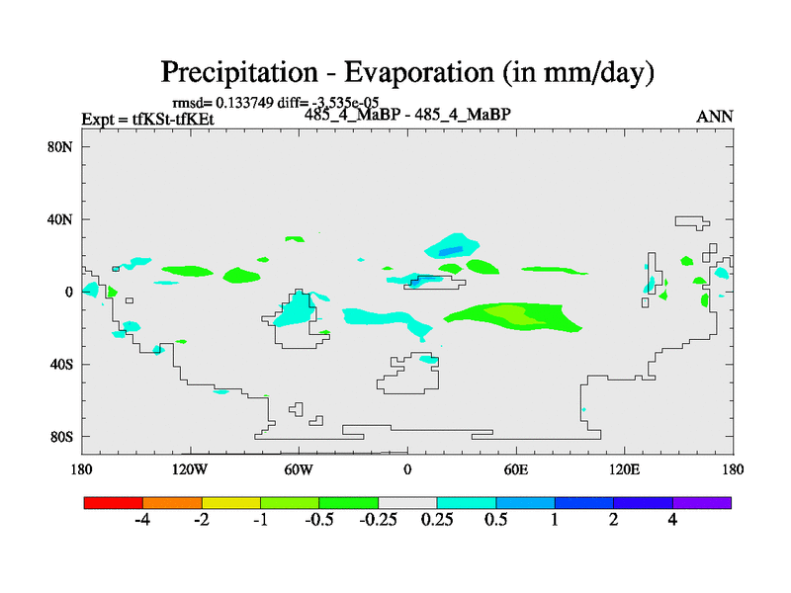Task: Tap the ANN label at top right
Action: [715, 117]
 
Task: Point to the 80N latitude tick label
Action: [61, 146]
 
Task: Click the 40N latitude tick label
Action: [61, 219]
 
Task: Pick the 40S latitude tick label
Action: [61, 364]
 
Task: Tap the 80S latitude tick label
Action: [61, 437]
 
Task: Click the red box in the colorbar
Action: [114, 503]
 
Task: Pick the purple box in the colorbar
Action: [702, 503]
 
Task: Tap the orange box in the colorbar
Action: [172, 503]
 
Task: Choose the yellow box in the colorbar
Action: [231, 503]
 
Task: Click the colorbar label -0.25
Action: [379, 521]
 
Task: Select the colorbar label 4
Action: [672, 521]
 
